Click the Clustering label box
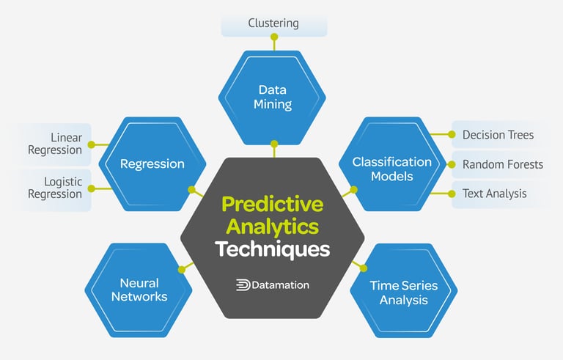tap(273, 23)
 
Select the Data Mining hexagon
tap(273, 98)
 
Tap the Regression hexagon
tap(152, 164)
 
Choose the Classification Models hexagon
tap(391, 169)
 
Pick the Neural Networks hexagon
tap(139, 289)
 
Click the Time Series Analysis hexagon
tap(404, 293)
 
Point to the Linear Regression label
tap(55, 144)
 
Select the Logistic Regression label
tap(55, 188)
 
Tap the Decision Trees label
tap(498, 135)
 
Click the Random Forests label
tap(502, 164)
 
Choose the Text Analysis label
tap(494, 194)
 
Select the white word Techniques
tap(273, 249)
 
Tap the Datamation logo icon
tap(243, 284)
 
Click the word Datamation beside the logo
tap(281, 284)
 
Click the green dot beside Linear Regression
tap(91, 144)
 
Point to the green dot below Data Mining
tap(274, 144)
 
